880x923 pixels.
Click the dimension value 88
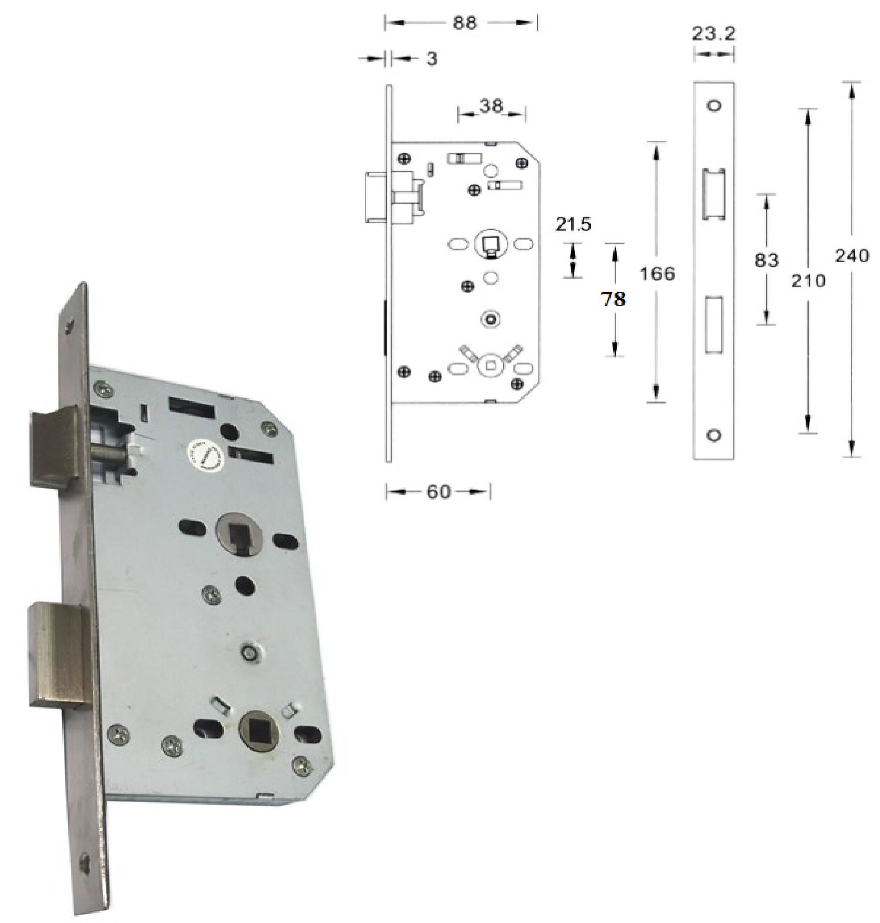point(464,23)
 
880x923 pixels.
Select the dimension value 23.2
point(714,34)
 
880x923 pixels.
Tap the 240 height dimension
point(852,256)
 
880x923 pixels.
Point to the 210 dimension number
point(808,281)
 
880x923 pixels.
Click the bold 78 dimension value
point(614,299)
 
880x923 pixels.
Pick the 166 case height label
point(657,273)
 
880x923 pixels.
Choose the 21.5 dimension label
point(573,225)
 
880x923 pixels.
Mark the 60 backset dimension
point(438,492)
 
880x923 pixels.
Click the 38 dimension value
point(491,106)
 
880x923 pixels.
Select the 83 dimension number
point(766,260)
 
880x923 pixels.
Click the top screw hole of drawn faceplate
point(714,106)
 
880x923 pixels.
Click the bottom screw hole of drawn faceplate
point(714,436)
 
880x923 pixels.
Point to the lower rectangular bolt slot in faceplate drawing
point(714,324)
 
